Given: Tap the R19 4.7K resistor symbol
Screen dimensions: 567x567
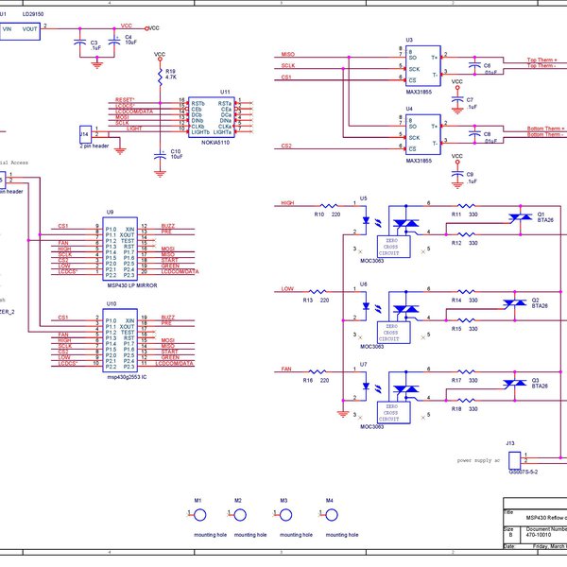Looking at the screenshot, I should (x=159, y=73).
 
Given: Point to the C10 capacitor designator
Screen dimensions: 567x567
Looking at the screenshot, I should (x=176, y=151).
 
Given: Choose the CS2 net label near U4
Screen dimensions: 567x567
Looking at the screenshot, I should (x=287, y=146).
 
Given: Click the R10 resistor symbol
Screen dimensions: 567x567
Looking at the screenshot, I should (x=328, y=204).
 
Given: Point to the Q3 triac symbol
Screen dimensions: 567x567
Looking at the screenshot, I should (x=516, y=383).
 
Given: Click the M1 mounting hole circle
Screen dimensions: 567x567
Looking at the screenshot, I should (x=199, y=515).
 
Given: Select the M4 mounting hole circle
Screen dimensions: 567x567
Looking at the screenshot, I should (x=330, y=515).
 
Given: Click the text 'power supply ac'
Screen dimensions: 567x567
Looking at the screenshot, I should (x=478, y=460).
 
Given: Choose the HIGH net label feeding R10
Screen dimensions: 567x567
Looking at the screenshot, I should (x=288, y=203).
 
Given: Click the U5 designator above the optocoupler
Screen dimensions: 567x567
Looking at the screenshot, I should (x=364, y=198).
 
